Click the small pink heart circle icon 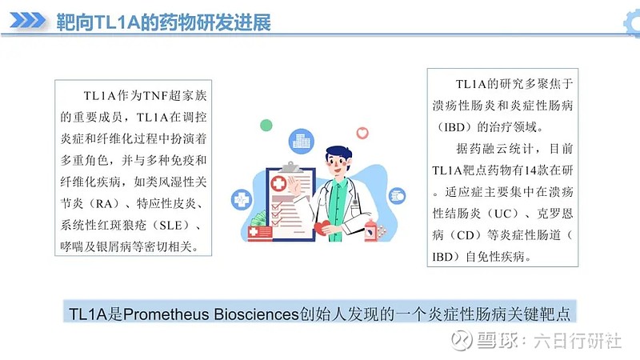[x=362, y=131]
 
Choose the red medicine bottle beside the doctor [x=372, y=229]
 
